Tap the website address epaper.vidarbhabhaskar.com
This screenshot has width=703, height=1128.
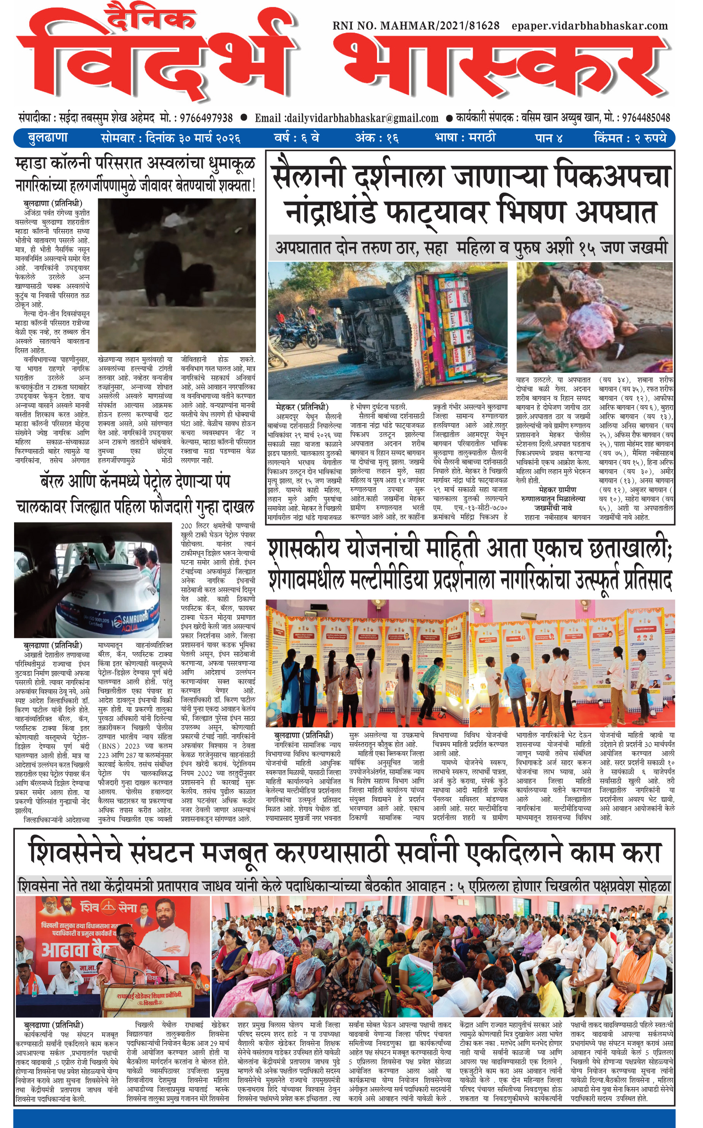589,26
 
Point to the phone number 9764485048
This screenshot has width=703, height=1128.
646,118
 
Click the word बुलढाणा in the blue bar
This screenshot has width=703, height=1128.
48,138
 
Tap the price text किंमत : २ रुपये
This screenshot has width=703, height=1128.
630,138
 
